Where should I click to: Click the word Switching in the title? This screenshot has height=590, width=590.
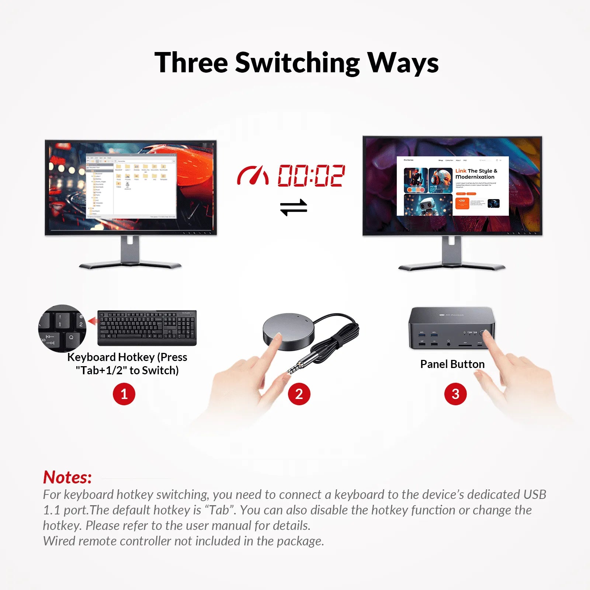coord(297,63)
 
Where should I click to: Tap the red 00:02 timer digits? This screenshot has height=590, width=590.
coord(311,176)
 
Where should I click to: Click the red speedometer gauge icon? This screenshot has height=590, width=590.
coord(253,176)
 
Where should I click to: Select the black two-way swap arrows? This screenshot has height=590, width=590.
coord(294,207)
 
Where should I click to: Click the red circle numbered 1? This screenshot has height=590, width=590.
coord(124,394)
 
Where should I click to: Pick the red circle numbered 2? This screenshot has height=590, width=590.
coord(299,394)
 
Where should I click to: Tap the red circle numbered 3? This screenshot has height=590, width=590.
coord(455,394)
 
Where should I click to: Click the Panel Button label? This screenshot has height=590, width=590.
coord(452,364)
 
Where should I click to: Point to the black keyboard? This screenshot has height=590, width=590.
coord(147,327)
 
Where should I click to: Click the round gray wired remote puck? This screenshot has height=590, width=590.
coord(288,329)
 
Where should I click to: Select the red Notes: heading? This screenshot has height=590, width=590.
coord(67,477)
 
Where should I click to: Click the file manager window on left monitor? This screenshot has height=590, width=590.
coord(131,186)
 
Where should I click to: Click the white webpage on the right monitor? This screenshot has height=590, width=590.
coord(452,186)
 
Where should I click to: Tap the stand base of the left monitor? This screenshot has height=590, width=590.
coord(130,265)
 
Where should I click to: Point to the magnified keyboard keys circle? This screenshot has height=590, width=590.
coord(62,328)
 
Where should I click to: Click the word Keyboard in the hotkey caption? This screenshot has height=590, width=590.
coord(91,357)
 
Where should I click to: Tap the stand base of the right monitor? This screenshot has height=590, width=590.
coord(452,267)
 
